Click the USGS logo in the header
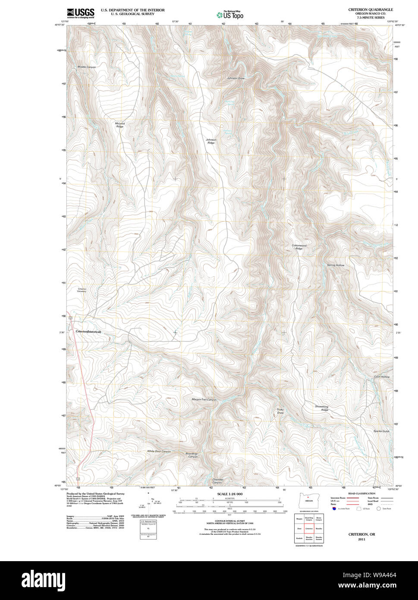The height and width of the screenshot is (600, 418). (81, 13)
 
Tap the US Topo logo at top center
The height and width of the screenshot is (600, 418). (230, 15)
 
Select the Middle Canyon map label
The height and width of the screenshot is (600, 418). (87, 67)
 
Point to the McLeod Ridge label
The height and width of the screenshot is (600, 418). (119, 125)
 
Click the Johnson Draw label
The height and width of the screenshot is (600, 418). (236, 78)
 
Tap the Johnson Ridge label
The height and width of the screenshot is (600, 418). (211, 141)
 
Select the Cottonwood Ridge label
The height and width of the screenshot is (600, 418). (299, 247)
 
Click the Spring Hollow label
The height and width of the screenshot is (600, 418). (336, 265)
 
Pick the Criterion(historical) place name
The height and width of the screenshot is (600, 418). (88, 332)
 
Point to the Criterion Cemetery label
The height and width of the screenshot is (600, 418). (82, 290)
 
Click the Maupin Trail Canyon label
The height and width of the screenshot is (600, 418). (204, 399)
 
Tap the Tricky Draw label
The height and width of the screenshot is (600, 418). (280, 411)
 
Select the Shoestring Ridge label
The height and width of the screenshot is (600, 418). (322, 408)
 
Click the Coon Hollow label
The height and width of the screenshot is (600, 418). (382, 377)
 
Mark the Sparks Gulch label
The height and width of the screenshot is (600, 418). (381, 431)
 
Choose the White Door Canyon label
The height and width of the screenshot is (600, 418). (159, 451)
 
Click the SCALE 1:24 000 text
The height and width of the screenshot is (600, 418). (230, 494)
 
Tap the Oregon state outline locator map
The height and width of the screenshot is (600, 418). (308, 501)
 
